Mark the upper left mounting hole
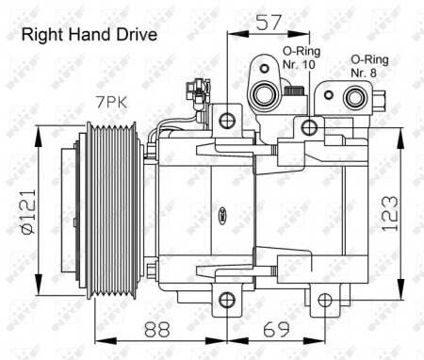[x=227, y=120]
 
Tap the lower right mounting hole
[x=325, y=301]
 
